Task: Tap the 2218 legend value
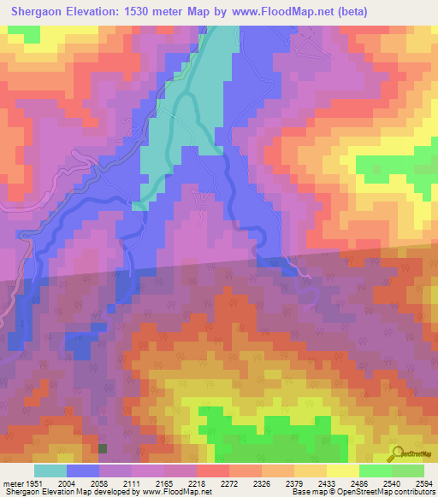pos(197,483)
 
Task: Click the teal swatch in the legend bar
pos(50,471)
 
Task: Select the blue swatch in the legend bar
pos(83,471)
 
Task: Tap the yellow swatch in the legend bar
pos(342,471)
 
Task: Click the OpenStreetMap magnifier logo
pos(396,453)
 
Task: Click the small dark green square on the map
pos(104,447)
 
